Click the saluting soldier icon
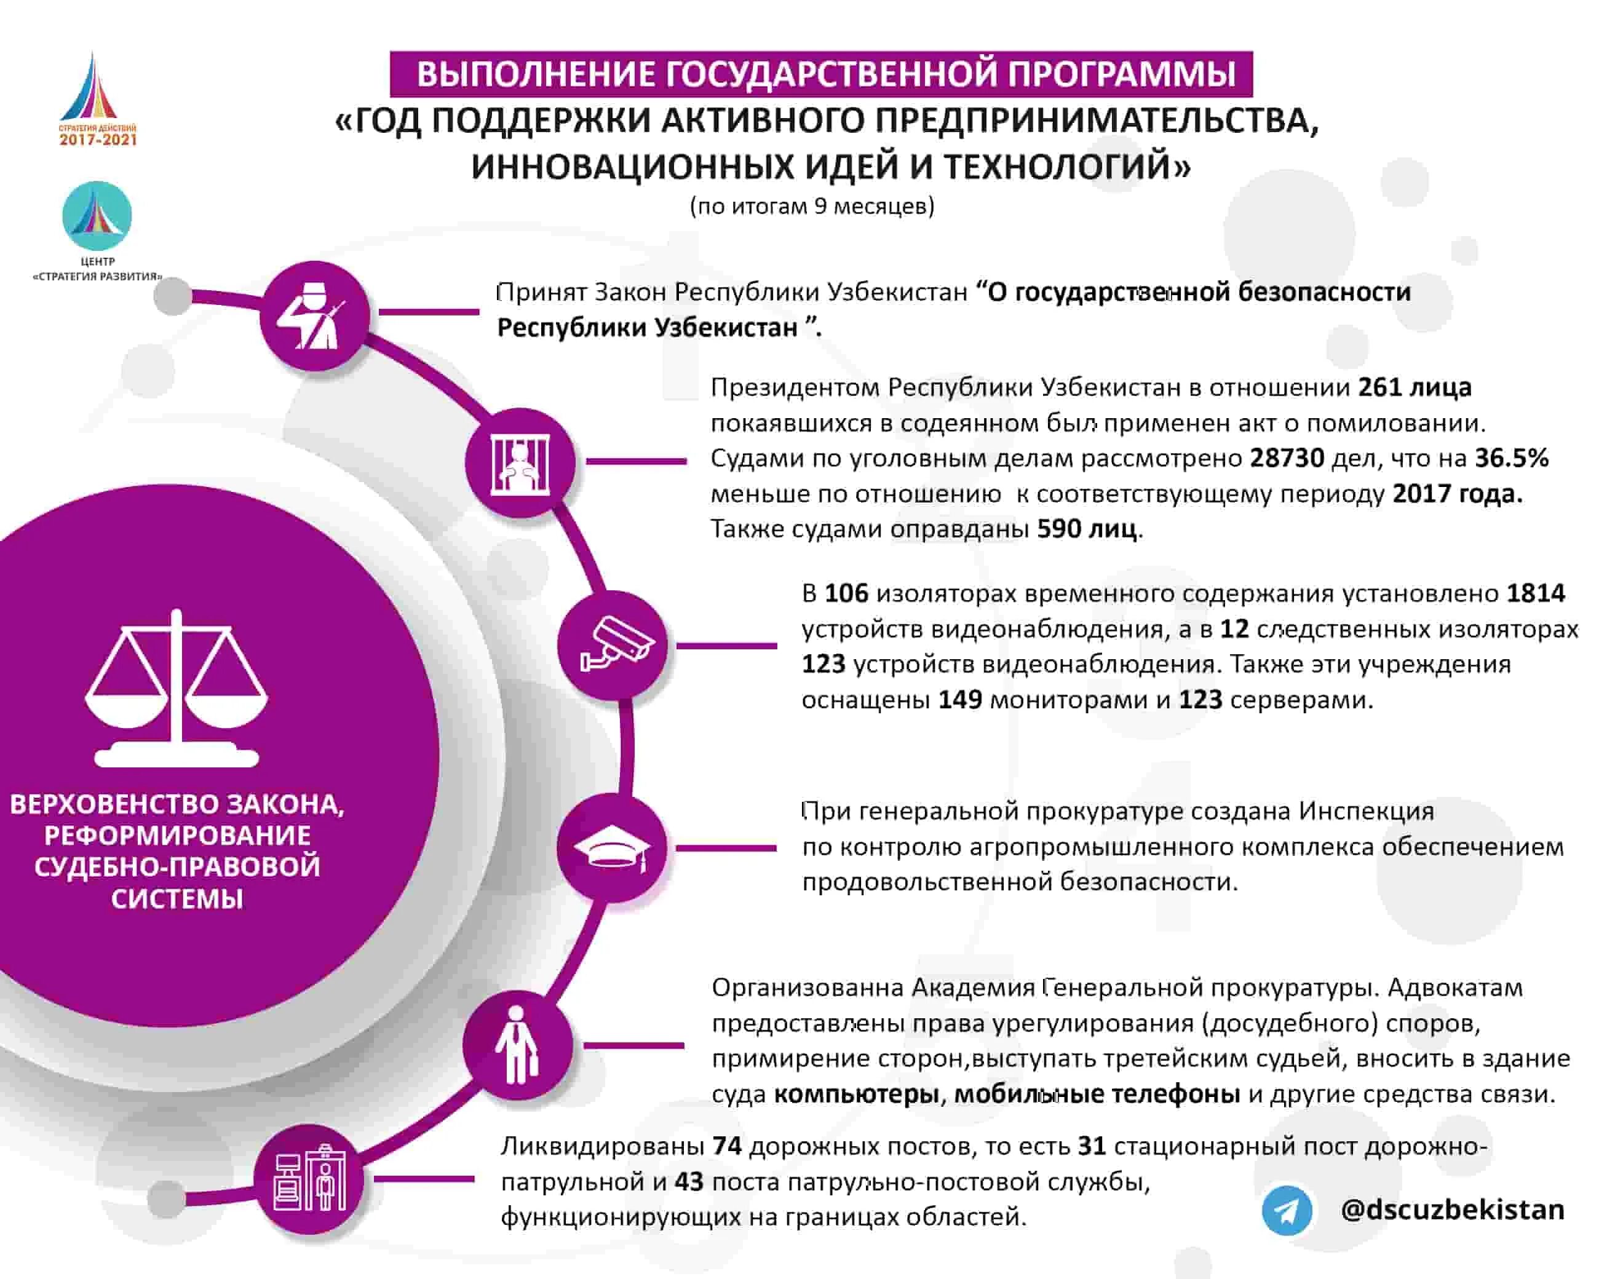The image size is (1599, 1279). pyautogui.click(x=314, y=316)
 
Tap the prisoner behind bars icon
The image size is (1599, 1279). pyautogui.click(x=520, y=462)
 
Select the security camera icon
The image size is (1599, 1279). pyautogui.click(x=613, y=644)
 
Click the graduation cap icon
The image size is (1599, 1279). pyautogui.click(x=613, y=847)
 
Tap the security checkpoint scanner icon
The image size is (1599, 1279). pyautogui.click(x=310, y=1178)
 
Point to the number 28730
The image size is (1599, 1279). pyautogui.click(x=1287, y=458)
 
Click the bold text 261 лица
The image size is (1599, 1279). pyautogui.click(x=1415, y=387)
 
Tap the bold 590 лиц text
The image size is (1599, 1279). pyautogui.click(x=1087, y=529)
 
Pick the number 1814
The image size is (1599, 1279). pyautogui.click(x=1536, y=593)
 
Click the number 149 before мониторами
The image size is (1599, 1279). pyautogui.click(x=961, y=700)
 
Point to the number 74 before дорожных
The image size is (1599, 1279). pyautogui.click(x=727, y=1146)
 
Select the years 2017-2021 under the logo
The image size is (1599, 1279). pyautogui.click(x=98, y=140)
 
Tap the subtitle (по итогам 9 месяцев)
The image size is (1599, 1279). pyautogui.click(x=812, y=206)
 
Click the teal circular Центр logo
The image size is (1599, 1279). pyautogui.click(x=97, y=216)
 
